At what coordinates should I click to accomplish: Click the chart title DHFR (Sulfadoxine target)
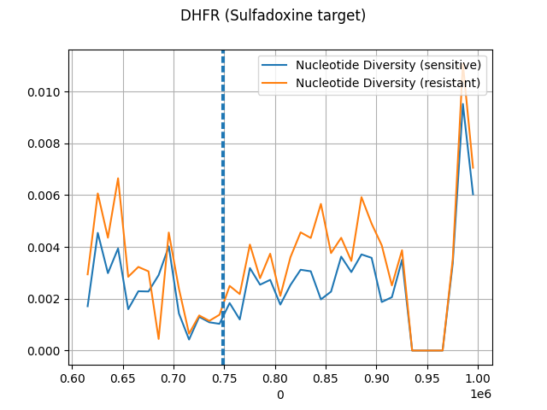273,15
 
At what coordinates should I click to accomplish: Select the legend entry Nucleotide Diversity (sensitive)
388,65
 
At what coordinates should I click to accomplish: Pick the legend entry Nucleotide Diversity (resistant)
388,82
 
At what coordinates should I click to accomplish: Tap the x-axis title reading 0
280,395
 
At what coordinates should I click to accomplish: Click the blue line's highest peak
462,104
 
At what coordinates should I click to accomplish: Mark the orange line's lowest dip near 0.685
158,339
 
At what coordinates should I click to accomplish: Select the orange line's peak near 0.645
118,179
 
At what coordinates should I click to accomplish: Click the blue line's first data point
88,306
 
